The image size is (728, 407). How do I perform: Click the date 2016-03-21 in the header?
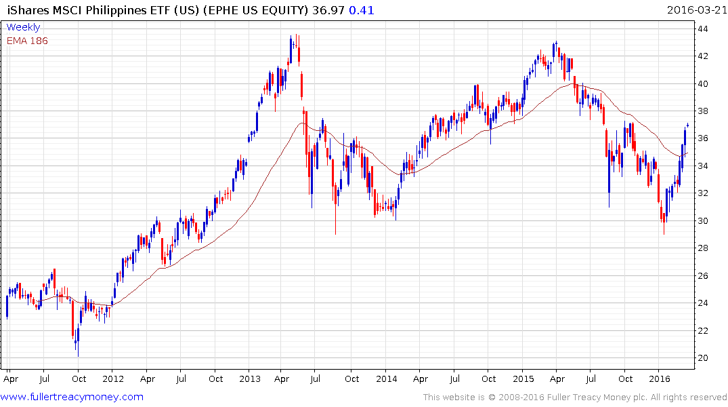pos(695,10)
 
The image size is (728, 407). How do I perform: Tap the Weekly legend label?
pos(23,27)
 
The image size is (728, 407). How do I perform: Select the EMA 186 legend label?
pos(27,40)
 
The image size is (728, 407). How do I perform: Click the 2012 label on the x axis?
pos(113,379)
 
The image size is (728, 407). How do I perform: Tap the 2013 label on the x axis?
pos(250,379)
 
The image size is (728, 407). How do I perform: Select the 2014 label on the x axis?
pos(387,379)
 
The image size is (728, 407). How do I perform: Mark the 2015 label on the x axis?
pos(523,379)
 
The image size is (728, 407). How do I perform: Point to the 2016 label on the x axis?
pos(660,379)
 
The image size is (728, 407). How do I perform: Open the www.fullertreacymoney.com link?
pos(72,397)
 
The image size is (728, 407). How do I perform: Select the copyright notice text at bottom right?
pos(575,398)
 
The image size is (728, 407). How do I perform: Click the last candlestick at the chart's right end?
pos(687,125)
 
